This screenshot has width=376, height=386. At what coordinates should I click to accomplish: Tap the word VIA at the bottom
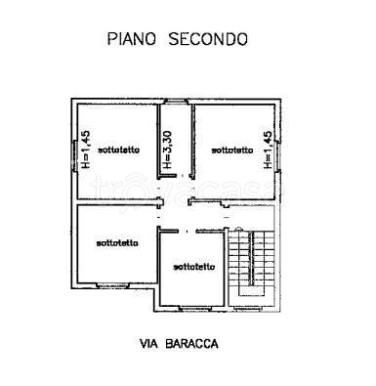[149, 343]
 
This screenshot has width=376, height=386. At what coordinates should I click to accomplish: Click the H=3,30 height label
[168, 150]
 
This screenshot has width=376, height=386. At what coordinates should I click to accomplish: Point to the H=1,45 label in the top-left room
[86, 151]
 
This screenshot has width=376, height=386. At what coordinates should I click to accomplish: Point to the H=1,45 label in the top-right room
[265, 151]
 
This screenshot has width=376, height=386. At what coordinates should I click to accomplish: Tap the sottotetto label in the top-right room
[231, 150]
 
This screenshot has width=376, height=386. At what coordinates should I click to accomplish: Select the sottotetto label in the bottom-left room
[117, 241]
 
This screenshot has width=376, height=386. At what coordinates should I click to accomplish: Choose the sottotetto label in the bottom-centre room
[193, 266]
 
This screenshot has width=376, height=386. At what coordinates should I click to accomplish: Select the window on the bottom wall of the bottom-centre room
[191, 308]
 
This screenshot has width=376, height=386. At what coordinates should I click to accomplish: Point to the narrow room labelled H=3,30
[176, 137]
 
